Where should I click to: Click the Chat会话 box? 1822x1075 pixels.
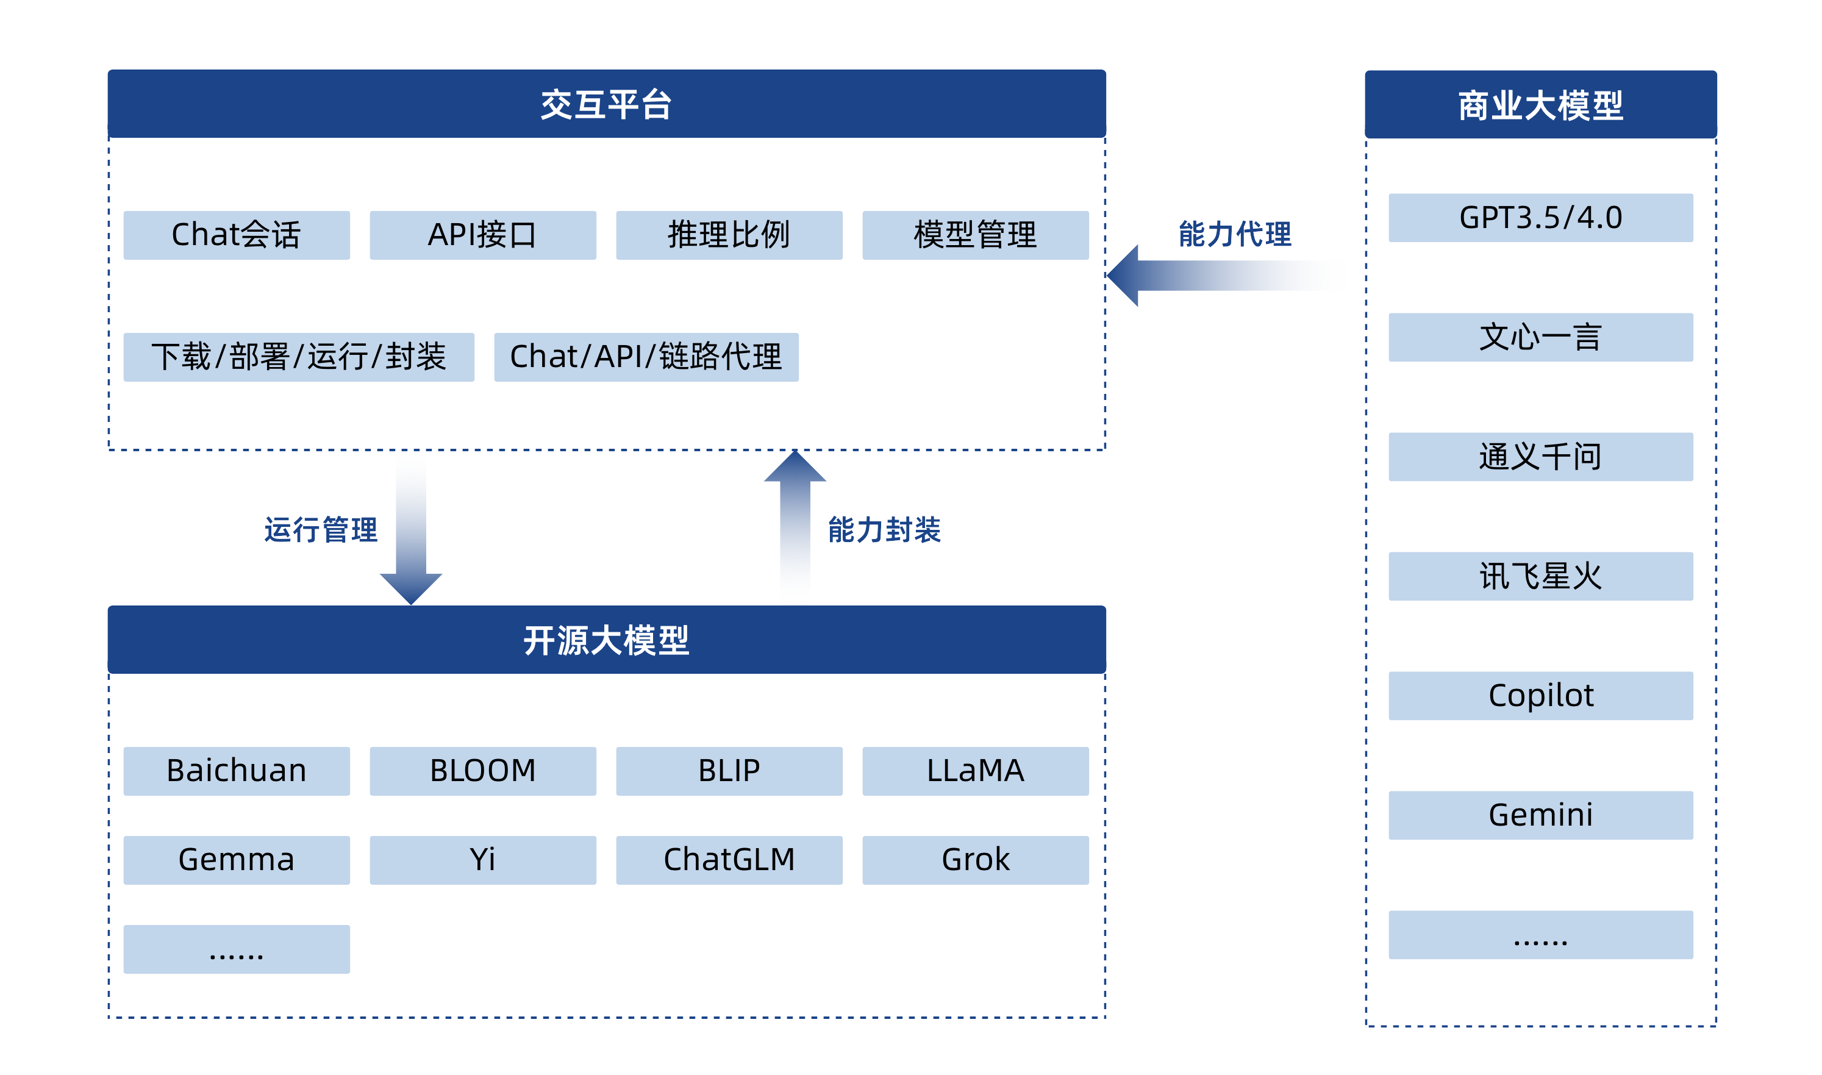(236, 235)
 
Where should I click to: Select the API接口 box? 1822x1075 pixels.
(482, 235)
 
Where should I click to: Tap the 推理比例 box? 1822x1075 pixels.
(729, 235)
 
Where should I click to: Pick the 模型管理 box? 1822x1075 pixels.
(975, 235)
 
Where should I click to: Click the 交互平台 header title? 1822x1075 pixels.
(606, 104)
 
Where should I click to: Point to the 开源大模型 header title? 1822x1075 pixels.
(606, 640)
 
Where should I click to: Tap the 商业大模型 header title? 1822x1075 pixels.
(1540, 105)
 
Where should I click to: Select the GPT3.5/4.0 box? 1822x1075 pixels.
(1540, 217)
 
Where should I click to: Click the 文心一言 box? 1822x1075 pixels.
(1540, 337)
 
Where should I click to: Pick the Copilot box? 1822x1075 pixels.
(1540, 695)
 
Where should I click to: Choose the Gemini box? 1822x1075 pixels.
(1540, 815)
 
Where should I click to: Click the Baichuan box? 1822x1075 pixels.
(236, 771)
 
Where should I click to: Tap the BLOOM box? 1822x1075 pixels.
(482, 771)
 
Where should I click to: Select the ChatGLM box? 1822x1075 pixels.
(729, 860)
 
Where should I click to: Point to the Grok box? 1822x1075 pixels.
(975, 860)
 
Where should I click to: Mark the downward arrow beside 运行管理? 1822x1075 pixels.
(411, 529)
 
